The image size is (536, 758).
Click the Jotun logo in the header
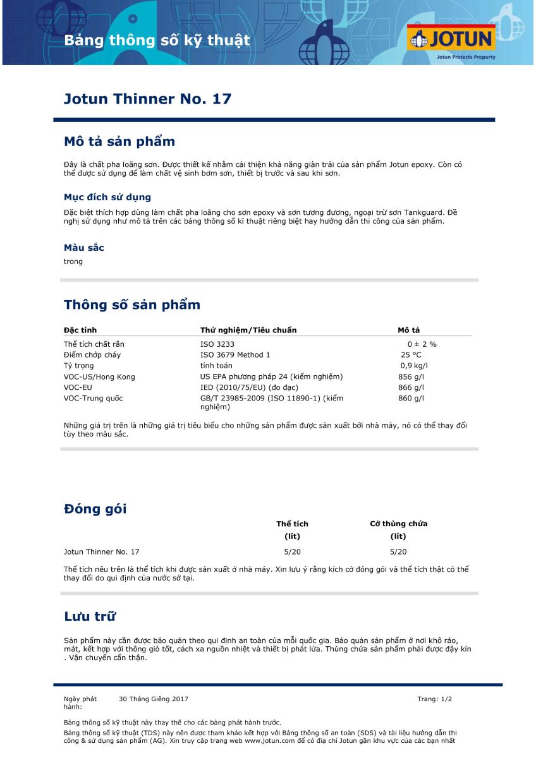[452, 39]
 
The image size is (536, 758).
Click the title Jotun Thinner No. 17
[147, 99]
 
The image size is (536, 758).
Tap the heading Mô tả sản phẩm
[119, 141]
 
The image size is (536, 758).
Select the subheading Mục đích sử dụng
[107, 197]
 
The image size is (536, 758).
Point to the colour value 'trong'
[73, 262]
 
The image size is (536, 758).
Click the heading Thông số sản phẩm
[131, 305]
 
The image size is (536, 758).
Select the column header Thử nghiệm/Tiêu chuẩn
[248, 330]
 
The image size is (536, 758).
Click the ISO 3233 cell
[217, 344]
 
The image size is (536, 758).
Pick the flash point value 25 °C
[411, 355]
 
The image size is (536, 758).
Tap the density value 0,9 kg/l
[414, 366]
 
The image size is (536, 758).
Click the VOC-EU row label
[78, 387]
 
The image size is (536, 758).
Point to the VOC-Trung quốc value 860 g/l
[411, 398]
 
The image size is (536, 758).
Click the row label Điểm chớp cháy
[92, 355]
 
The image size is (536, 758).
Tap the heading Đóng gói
[95, 509]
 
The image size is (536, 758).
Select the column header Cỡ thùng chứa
[398, 524]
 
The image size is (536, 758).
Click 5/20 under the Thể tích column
[292, 551]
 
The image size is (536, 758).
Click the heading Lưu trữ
[90, 617]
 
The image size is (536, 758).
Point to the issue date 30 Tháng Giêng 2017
[154, 699]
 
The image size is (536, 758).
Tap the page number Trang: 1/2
[435, 699]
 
